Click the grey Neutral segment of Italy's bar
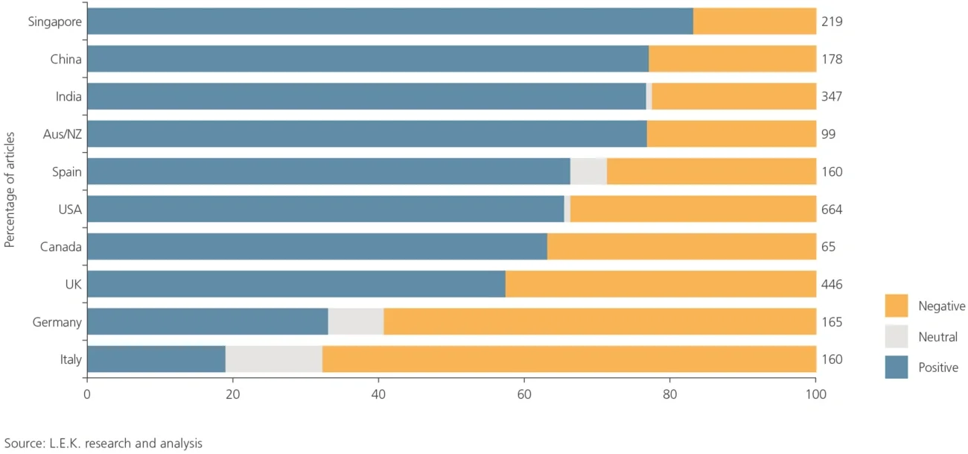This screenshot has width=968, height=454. (273, 359)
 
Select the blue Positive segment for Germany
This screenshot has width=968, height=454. (207, 322)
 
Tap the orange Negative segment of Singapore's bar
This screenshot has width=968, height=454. (754, 22)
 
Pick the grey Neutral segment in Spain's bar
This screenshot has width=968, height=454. (588, 171)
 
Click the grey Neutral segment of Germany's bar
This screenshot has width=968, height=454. (355, 322)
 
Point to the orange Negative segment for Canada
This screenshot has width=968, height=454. (681, 247)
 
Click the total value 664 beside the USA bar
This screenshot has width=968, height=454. (832, 209)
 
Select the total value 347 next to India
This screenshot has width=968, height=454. (832, 97)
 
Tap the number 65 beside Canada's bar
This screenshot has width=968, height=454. (828, 247)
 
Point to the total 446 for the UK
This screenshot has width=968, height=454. (832, 284)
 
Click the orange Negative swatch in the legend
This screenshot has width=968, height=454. (897, 306)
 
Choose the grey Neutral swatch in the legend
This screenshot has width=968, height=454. (897, 336)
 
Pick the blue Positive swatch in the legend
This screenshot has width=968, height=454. (897, 367)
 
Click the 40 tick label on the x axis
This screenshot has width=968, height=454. (378, 395)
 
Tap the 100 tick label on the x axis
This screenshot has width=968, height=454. (815, 395)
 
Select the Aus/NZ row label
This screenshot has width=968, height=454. (63, 134)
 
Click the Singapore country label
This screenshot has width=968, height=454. (55, 22)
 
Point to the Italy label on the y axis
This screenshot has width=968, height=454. (71, 359)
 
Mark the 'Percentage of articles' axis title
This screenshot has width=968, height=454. (10, 191)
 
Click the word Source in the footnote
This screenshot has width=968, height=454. (22, 444)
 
